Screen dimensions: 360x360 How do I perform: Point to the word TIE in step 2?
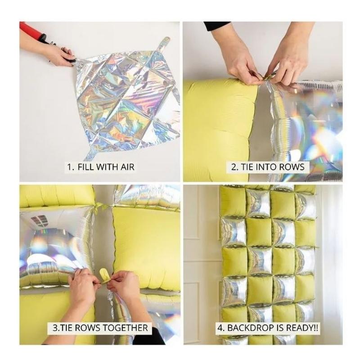point(247,167)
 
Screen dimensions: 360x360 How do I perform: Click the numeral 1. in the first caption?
point(71,166)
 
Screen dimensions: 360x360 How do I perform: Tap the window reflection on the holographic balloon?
point(40,221)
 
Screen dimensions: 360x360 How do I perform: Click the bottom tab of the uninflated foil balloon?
point(91,153)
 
